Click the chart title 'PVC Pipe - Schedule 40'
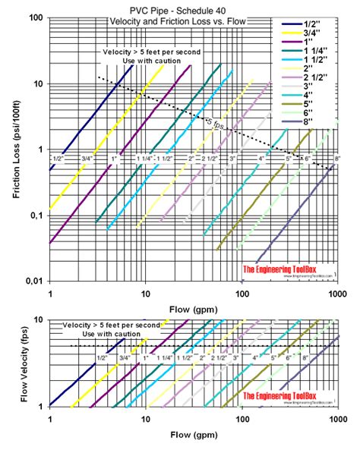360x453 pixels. click(179, 8)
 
